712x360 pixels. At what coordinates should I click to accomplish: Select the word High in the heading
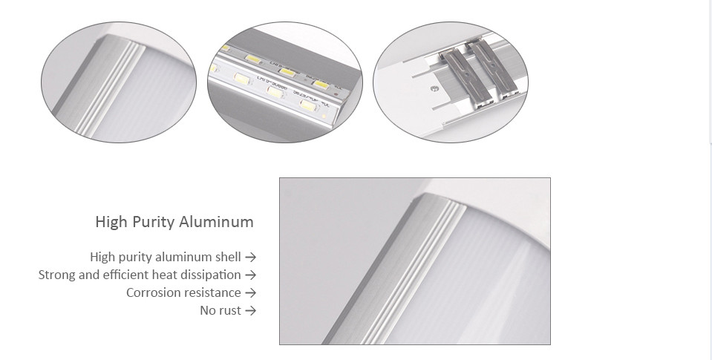(111, 222)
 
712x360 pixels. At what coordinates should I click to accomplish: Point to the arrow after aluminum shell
(250, 258)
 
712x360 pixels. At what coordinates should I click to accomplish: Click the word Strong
(57, 275)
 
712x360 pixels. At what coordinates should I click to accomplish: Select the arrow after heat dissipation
(250, 275)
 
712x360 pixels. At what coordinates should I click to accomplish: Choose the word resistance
(212, 293)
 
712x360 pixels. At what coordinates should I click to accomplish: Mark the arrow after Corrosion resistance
(250, 293)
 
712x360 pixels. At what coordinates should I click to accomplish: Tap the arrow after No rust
(250, 311)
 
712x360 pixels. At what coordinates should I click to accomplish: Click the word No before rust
(208, 311)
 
